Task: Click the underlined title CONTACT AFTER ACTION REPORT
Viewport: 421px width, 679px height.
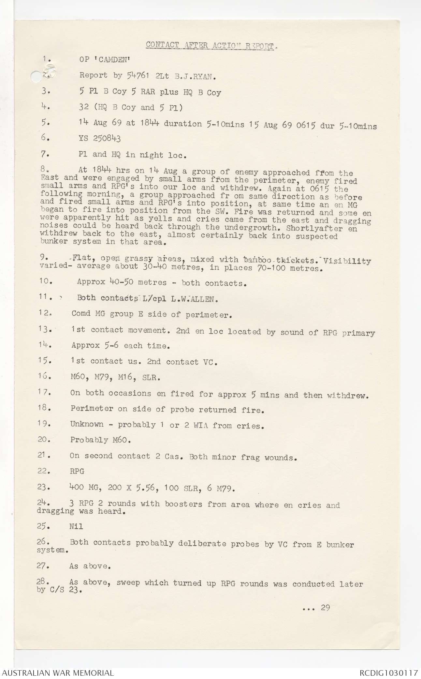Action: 211,45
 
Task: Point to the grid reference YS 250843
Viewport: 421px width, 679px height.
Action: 100,139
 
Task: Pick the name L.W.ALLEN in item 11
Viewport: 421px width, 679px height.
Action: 199,298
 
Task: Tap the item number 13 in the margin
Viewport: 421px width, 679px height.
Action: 45,329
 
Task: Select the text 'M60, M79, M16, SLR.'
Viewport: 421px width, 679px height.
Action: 115,378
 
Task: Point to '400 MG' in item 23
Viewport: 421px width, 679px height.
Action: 81,488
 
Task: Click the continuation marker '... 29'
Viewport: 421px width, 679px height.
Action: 316,607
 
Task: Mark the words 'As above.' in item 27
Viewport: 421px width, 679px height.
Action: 90,566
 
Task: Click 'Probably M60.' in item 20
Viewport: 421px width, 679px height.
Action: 100,440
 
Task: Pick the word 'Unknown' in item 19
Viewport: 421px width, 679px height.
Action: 86,424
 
